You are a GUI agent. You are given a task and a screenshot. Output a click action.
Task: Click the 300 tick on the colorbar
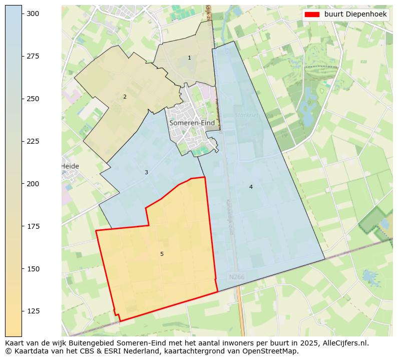click(23, 14)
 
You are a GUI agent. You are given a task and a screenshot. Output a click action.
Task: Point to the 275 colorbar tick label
click(33, 56)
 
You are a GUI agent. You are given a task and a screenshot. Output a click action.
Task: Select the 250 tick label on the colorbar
click(33, 99)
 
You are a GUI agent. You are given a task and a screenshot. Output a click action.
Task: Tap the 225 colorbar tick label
click(33, 141)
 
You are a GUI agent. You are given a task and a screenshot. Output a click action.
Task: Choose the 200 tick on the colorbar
click(23, 184)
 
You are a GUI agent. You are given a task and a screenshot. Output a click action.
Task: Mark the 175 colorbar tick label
click(33, 226)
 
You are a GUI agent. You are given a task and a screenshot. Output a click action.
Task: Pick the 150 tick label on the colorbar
click(33, 269)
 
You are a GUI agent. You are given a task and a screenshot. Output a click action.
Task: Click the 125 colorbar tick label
click(33, 311)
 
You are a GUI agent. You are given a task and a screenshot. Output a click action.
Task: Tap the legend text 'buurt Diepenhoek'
click(355, 15)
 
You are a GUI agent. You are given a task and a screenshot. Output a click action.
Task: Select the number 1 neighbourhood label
click(189, 58)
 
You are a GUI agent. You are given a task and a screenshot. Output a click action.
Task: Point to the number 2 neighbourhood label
click(125, 97)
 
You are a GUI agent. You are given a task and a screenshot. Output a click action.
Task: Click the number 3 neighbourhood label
click(146, 172)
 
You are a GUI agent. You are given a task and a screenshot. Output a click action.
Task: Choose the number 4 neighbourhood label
click(251, 187)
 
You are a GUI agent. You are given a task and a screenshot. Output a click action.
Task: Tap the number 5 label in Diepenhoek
click(162, 254)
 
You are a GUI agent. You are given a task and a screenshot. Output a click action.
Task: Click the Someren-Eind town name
click(192, 123)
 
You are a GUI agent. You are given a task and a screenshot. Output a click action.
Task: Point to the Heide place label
click(70, 166)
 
